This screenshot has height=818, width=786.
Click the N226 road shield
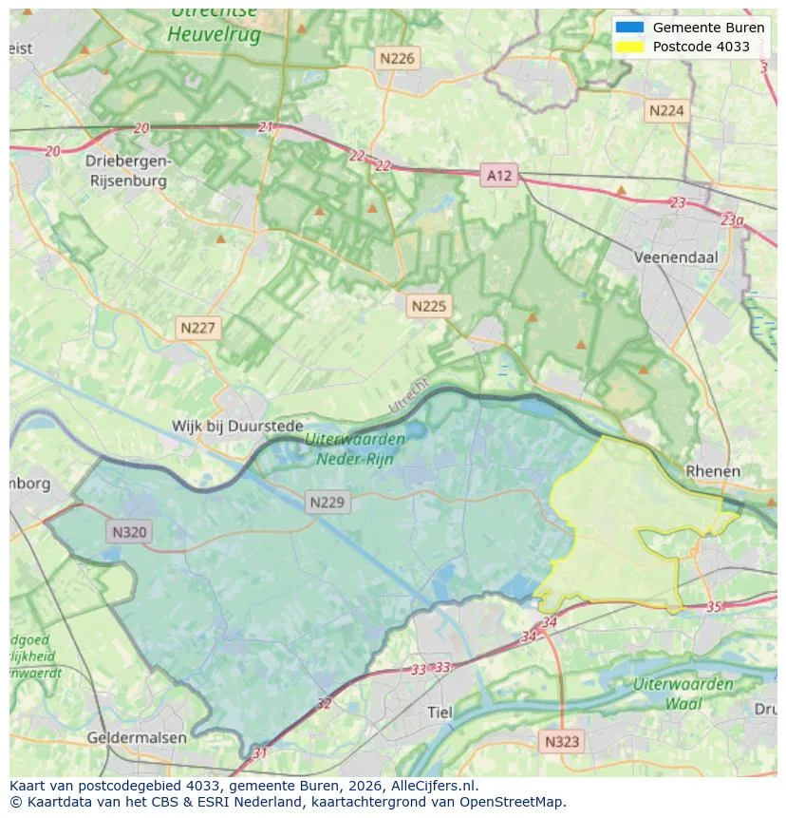tap(397, 59)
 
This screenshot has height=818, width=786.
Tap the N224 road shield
tap(665, 111)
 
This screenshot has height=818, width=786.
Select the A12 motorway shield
tap(499, 175)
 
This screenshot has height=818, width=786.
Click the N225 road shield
tap(428, 306)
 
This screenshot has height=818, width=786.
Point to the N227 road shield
tap(198, 328)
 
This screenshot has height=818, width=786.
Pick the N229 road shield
tap(327, 503)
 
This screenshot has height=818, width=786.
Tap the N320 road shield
tap(129, 532)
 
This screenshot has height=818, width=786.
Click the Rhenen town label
tap(712, 471)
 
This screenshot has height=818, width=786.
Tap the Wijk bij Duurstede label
tap(237, 427)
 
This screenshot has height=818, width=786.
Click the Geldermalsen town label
tap(136, 737)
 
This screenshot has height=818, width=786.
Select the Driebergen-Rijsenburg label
tap(128, 170)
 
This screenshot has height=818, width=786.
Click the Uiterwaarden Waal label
tap(683, 694)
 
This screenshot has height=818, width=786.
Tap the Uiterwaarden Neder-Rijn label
tap(356, 448)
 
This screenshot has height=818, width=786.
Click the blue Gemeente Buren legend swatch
tap(628, 28)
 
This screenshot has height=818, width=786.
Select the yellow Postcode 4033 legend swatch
tap(628, 47)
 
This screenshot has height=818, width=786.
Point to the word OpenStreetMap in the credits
tap(515, 802)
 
